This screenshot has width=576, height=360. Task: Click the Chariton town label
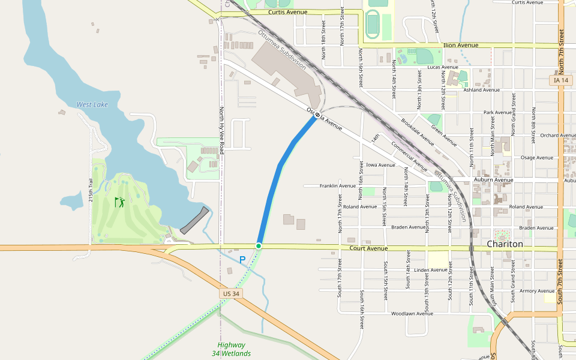pyautogui.click(x=505, y=244)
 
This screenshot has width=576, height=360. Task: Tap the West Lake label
pyautogui.click(x=92, y=104)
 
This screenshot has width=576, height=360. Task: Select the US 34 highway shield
pyautogui.click(x=230, y=293)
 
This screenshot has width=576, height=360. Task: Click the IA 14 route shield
pyautogui.click(x=561, y=80)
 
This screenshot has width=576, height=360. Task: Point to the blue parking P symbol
pyautogui.click(x=242, y=260)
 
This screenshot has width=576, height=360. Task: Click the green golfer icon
pyautogui.click(x=119, y=202)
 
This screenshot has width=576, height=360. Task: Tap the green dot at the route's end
pyautogui.click(x=259, y=246)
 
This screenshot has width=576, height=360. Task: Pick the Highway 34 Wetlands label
pyautogui.click(x=231, y=349)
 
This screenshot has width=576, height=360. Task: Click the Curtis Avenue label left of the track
pyautogui.click(x=287, y=12)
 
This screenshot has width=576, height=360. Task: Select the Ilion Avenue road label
pyautogui.click(x=460, y=45)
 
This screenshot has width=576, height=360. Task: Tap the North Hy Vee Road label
pyautogui.click(x=221, y=131)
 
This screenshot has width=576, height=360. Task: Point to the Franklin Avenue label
pyautogui.click(x=337, y=186)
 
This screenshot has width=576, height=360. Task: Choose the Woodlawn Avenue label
pyautogui.click(x=412, y=313)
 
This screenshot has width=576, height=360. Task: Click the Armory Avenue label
pyautogui.click(x=537, y=291)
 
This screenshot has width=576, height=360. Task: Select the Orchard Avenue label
pyautogui.click(x=557, y=136)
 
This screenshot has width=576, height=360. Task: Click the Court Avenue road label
pyautogui.click(x=368, y=248)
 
